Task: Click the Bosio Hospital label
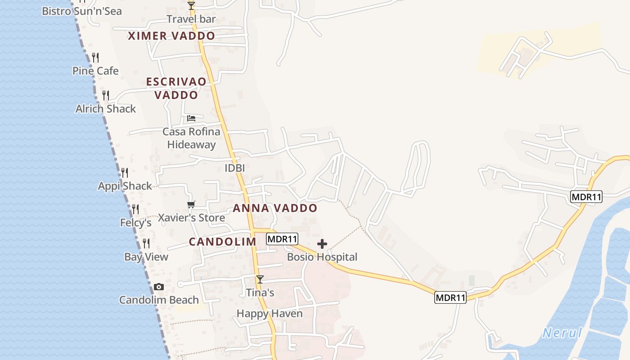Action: [322, 257]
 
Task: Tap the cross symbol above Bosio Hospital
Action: [322, 244]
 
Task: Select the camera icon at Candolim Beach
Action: [158, 287]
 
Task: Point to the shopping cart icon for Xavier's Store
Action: [191, 205]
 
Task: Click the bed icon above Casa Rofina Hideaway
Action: [191, 118]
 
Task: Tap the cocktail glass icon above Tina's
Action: [260, 279]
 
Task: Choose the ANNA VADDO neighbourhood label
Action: [275, 208]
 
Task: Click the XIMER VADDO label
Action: [171, 36]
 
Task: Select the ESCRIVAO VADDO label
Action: [176, 88]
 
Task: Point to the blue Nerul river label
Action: [562, 333]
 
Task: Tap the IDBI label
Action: [234, 168]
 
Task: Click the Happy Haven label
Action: [270, 314]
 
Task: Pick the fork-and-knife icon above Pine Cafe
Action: [95, 58]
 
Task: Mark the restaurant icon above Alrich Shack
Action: [105, 95]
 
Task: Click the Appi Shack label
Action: [125, 186]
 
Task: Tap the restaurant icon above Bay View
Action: [146, 243]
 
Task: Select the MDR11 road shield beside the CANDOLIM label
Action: [282, 239]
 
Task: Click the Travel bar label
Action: [191, 19]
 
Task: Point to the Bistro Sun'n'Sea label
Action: [82, 11]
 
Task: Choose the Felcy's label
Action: [135, 223]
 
